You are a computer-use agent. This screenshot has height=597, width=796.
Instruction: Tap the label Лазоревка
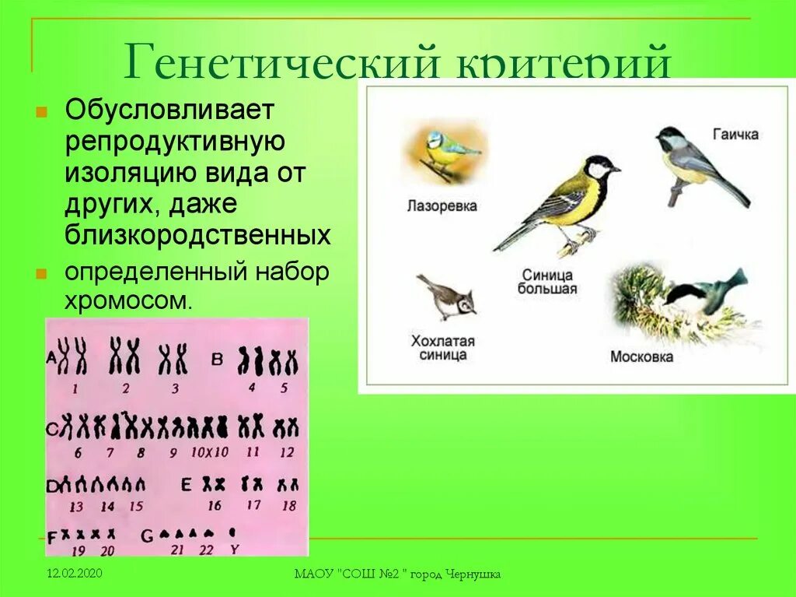point(442,206)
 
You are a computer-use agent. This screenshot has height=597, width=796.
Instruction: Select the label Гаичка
point(735,134)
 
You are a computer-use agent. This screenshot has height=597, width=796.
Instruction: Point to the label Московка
point(641,356)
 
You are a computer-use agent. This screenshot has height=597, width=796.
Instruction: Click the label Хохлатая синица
point(442,348)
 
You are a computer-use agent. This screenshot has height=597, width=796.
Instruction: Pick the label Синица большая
point(547,282)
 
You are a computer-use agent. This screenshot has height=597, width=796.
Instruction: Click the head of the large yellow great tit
point(601,167)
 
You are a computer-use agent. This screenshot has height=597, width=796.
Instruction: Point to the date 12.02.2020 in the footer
point(74,574)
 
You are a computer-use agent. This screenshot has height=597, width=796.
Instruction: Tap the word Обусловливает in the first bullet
point(169,111)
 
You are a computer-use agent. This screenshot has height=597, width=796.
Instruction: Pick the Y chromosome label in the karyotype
point(233,550)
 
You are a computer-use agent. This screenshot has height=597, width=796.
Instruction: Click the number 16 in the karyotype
point(215,505)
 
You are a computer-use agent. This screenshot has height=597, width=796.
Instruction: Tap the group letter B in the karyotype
point(218,357)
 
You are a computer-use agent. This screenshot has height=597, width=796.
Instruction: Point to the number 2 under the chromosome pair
point(125,388)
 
